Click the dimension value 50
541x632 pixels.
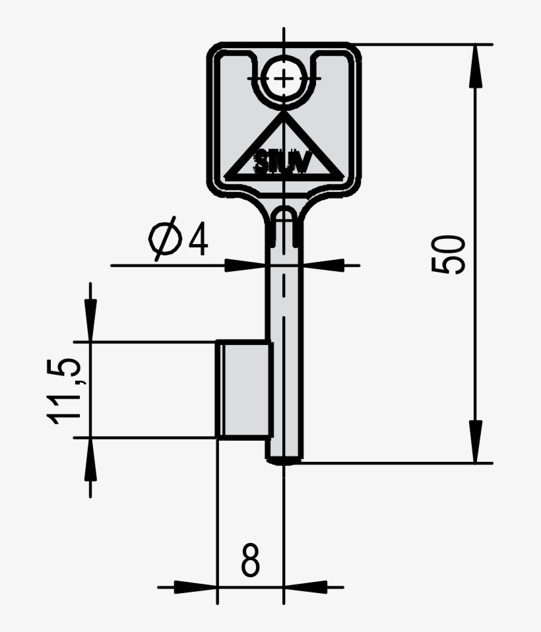[x=449, y=253]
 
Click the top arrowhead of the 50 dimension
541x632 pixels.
[x=474, y=66]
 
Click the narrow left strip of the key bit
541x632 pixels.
[x=222, y=389]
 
